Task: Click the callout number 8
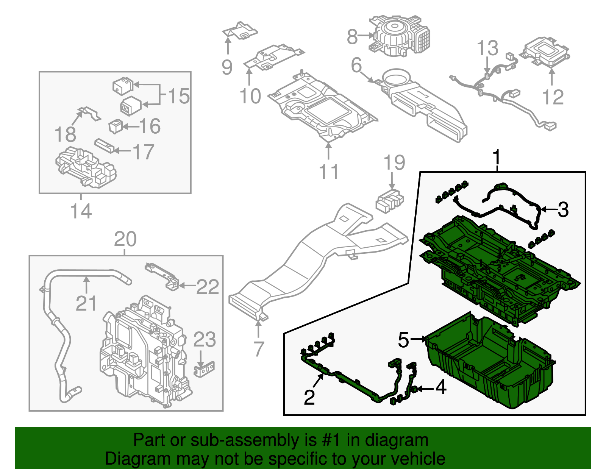pyautogui.click(x=352, y=37)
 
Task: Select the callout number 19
pyautogui.click(x=394, y=163)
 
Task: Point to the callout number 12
pyautogui.click(x=553, y=97)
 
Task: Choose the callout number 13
pyautogui.click(x=487, y=48)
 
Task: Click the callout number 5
pyautogui.click(x=404, y=340)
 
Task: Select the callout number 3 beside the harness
pyautogui.click(x=563, y=209)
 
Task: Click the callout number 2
pyautogui.click(x=309, y=397)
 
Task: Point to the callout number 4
pyautogui.click(x=440, y=388)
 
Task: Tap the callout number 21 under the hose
pyautogui.click(x=86, y=303)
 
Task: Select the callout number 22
pyautogui.click(x=208, y=287)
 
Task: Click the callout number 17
pyautogui.click(x=143, y=151)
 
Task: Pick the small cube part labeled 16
pyautogui.click(x=115, y=126)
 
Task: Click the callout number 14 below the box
pyautogui.click(x=81, y=211)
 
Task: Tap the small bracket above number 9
pyautogui.click(x=239, y=31)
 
